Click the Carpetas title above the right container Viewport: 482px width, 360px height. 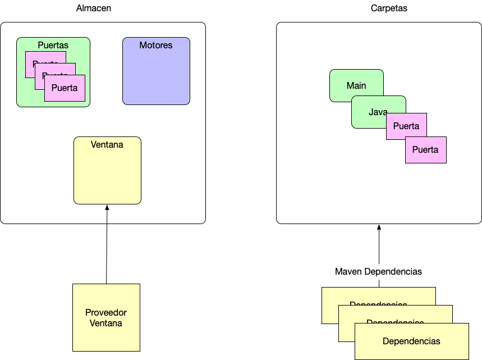point(389,8)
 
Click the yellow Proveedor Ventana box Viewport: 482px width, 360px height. point(106,318)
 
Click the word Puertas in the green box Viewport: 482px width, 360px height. point(53,45)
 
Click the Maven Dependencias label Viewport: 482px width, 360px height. point(378,271)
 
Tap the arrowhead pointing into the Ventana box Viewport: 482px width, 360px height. point(107,207)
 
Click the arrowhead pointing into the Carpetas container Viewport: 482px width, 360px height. point(379,227)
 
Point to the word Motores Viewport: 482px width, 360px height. point(156,45)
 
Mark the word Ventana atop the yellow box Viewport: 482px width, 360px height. point(107,144)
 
